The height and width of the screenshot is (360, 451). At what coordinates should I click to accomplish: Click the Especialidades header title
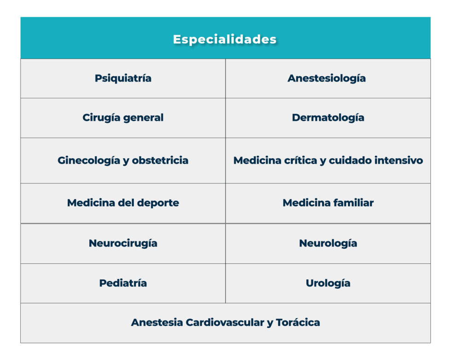pos(225,39)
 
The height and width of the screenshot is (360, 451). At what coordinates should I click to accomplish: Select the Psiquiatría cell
pos(123,78)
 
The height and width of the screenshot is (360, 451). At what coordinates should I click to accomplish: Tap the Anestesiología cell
pos(327,78)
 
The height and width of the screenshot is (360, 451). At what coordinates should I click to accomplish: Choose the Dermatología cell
pos(328,118)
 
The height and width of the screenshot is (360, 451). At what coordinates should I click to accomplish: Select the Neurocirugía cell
pos(123,243)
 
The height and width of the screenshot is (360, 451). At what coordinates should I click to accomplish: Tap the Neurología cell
pos(328,243)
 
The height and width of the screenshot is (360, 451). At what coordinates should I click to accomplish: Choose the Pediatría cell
pos(123,283)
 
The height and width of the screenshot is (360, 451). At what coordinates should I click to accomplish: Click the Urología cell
pos(328,283)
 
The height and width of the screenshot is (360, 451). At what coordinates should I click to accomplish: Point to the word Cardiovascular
pos(224,322)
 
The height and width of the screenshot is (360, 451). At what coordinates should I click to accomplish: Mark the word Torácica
pos(298,322)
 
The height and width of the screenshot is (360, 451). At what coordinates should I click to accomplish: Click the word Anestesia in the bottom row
pos(156,322)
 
